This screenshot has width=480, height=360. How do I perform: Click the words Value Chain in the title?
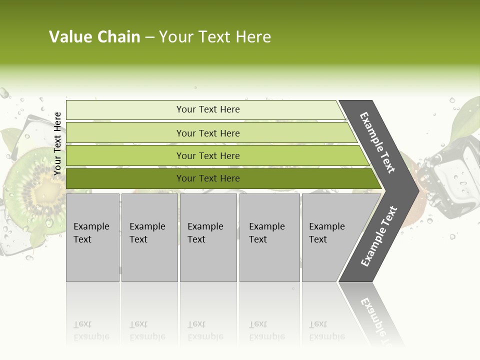(x=94, y=37)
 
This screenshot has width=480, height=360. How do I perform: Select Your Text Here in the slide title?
(x=215, y=37)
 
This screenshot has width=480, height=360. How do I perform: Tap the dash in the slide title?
(x=149, y=37)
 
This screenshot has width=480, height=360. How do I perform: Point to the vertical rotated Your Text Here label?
(x=57, y=143)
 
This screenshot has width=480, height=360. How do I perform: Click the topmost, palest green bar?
(x=207, y=109)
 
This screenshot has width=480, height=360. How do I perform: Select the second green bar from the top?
(x=207, y=133)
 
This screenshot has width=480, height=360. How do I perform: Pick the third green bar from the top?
(x=207, y=155)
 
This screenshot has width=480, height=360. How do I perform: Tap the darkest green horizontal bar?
(x=207, y=178)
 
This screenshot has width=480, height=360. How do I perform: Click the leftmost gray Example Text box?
(x=92, y=237)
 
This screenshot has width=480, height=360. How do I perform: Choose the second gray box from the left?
(x=149, y=237)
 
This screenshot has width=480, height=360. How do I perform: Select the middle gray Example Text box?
(x=208, y=237)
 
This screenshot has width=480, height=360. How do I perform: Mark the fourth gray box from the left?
(x=269, y=237)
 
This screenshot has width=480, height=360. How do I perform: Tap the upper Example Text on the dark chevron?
(x=377, y=142)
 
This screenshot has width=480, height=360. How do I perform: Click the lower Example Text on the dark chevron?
(x=378, y=236)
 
